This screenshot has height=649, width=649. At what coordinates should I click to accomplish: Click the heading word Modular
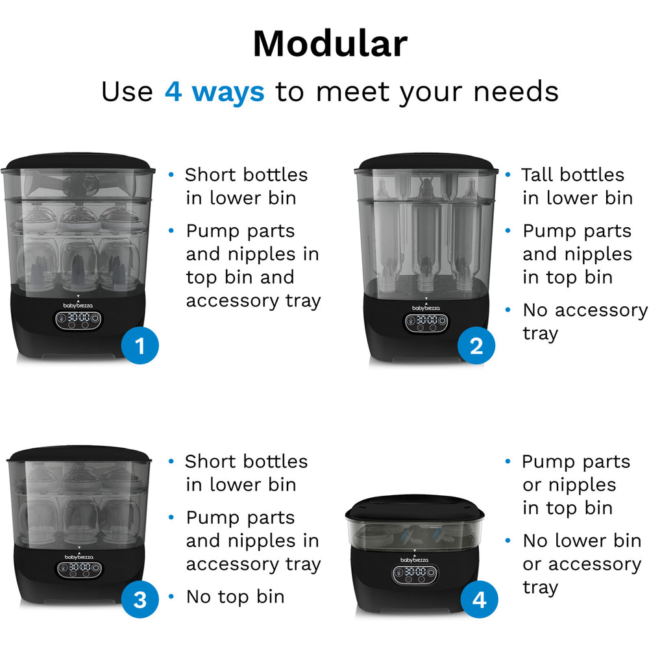(x=330, y=44)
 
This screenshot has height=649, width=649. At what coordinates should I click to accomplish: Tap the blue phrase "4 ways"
(x=214, y=92)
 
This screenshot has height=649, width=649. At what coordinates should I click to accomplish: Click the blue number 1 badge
(x=140, y=346)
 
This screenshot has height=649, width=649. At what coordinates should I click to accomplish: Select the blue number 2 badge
(x=476, y=346)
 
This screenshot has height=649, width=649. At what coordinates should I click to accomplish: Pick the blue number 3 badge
(x=140, y=599)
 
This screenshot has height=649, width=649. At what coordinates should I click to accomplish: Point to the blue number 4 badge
(x=480, y=599)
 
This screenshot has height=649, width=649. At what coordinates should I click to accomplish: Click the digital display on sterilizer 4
(x=415, y=574)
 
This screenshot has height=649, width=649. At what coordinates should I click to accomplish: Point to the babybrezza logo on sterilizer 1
(x=78, y=306)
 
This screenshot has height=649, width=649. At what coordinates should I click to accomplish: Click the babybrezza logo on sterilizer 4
(x=414, y=559)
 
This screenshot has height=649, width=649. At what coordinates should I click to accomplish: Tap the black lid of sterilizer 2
(x=426, y=162)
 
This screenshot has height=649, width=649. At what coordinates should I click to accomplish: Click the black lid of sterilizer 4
(x=415, y=508)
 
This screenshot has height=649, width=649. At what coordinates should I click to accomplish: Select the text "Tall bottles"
(x=573, y=174)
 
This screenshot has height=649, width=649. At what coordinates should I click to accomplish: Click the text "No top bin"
(x=235, y=596)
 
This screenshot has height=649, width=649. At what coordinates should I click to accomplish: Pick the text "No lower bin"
(x=582, y=540)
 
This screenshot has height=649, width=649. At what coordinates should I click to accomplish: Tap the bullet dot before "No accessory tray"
(x=508, y=310)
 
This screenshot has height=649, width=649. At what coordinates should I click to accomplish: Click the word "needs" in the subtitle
(x=516, y=92)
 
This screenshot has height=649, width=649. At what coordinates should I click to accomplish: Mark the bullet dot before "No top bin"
(x=171, y=596)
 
